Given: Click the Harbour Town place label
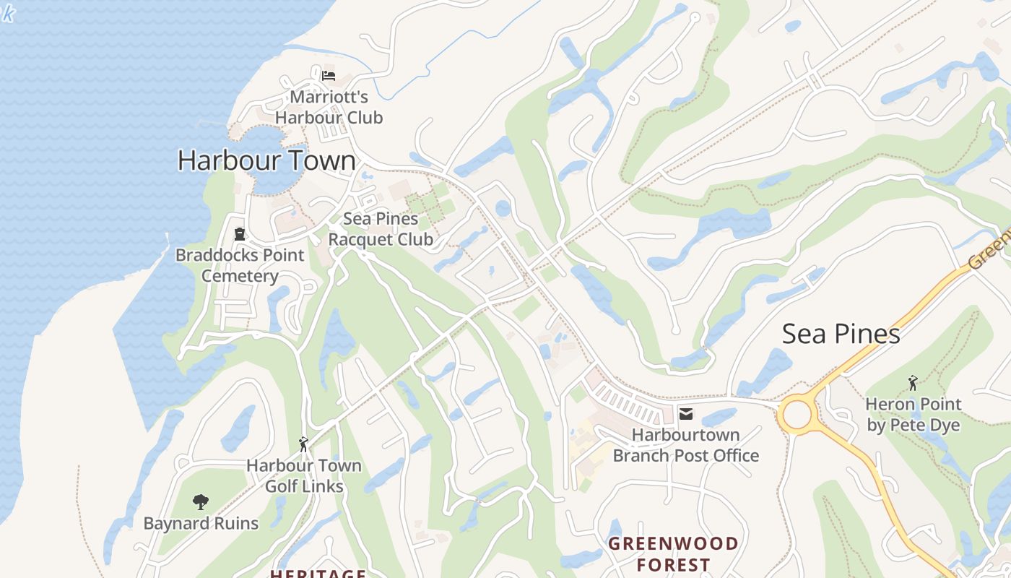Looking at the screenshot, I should coord(266,160).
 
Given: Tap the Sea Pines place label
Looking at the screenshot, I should coord(841,334).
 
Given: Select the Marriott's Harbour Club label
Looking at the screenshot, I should coord(329,107).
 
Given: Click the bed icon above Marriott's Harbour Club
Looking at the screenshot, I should coord(329,75).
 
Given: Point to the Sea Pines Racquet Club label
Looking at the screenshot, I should coord(381,229).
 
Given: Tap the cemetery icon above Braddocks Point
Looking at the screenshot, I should coord(240,234).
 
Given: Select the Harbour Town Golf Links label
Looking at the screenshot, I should coord(304,475).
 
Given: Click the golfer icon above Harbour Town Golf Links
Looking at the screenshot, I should coord(303,444).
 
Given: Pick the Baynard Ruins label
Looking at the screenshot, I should coord(201,523).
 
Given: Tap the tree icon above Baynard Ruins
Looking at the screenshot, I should coord(201,501).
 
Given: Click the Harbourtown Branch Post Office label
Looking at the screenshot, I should coord(685,445).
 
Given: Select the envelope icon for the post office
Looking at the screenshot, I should coord(686,414).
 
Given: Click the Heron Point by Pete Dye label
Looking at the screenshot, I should coord(914,415).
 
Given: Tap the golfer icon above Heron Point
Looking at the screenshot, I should coord(913,383).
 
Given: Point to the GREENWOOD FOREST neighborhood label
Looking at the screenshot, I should coord(673,553).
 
